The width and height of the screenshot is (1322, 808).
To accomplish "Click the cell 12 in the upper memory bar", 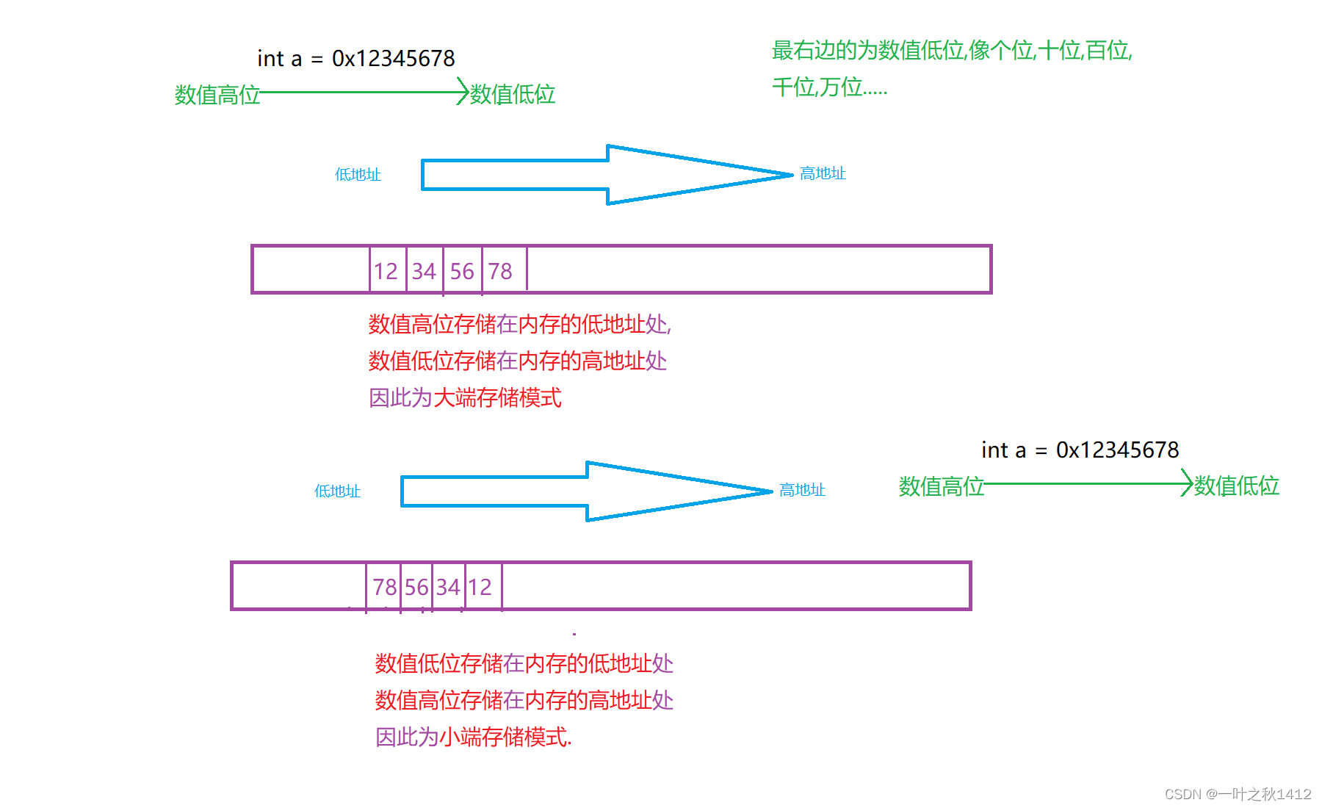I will [386, 271].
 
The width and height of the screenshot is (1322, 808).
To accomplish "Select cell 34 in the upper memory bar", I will [425, 271].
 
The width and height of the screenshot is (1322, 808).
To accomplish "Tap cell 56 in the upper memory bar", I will [463, 271].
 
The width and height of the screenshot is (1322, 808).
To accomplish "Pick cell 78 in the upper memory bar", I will [501, 271].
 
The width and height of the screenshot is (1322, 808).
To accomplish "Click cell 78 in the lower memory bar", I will [384, 587].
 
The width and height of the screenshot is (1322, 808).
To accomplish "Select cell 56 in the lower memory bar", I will [416, 587].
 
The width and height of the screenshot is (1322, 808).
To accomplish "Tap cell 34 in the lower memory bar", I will [448, 587].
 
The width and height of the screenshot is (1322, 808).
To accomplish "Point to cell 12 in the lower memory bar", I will [480, 587].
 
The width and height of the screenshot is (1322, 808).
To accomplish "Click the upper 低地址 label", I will [358, 175].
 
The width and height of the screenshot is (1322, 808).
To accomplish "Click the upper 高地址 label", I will [823, 173].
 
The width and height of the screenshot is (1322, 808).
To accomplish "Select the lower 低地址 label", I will [337, 491].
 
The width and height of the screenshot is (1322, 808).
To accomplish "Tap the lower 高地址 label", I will [802, 490].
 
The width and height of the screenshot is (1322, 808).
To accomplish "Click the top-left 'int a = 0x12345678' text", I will [355, 58].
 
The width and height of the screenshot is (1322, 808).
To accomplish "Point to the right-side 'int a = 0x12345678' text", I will [1080, 450].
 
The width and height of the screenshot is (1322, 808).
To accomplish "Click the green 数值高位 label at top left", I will [217, 95].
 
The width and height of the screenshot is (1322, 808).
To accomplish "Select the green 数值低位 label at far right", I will [1237, 486].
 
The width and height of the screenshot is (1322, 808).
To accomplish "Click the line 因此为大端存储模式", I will [465, 398].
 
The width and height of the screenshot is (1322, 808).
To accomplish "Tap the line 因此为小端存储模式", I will [473, 737].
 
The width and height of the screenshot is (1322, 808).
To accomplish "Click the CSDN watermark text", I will [1238, 794].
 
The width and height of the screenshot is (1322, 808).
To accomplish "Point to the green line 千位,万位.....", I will [829, 87].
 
